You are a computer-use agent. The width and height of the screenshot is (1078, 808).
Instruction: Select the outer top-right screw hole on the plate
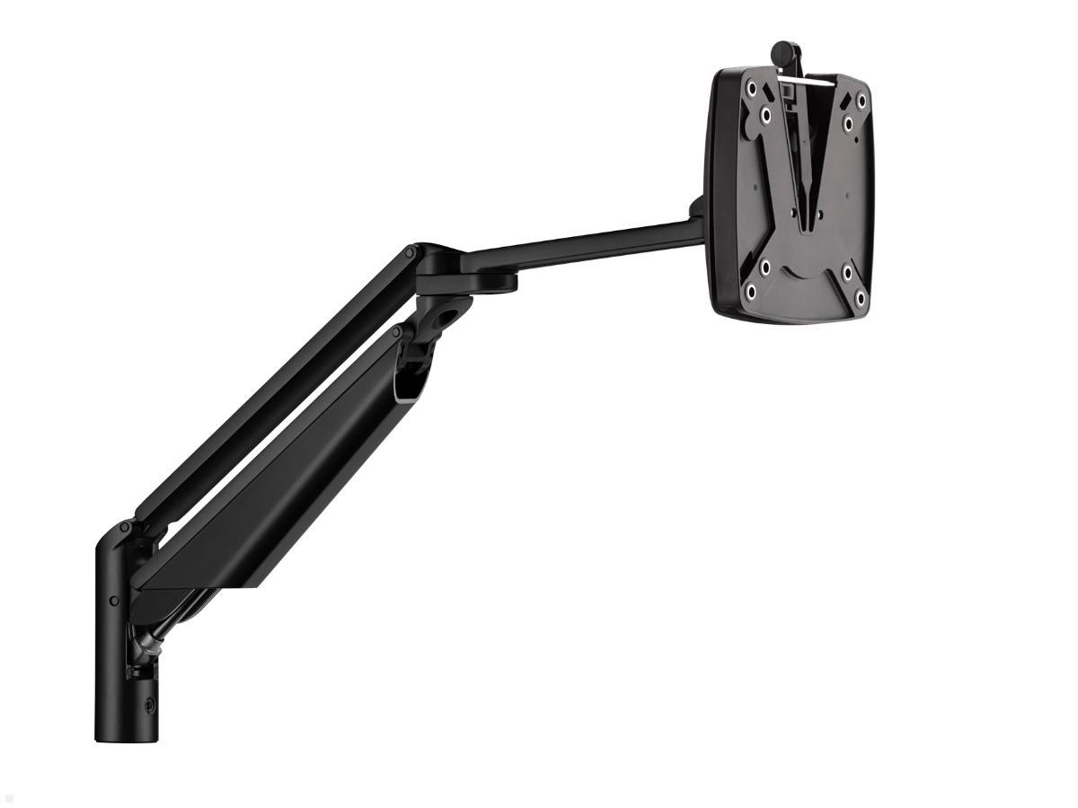tap(862, 101)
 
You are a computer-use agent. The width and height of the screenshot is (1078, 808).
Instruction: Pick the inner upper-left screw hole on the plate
tap(766, 116)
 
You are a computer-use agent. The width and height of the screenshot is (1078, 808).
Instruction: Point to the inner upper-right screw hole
tap(847, 121)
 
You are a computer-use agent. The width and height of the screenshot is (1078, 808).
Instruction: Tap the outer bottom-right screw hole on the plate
tap(860, 297)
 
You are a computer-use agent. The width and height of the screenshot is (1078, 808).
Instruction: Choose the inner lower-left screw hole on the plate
tap(765, 268)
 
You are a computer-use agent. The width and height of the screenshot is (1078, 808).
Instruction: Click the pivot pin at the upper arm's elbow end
tap(410, 255)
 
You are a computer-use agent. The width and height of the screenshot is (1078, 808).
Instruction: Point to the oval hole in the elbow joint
tap(446, 317)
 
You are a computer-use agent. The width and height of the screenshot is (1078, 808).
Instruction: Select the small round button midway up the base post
tap(114, 601)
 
